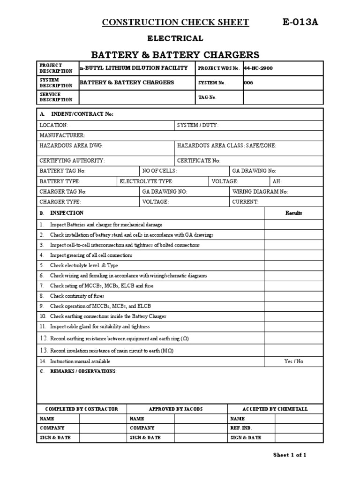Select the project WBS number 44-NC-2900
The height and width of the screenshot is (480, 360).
[258, 68]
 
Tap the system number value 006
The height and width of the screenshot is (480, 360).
[248, 82]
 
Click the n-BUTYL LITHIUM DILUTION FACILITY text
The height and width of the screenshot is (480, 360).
[134, 68]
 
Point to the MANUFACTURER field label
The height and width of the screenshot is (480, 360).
[62, 135]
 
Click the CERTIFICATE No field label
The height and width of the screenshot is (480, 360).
[199, 160]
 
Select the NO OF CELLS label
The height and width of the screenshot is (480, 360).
[160, 171]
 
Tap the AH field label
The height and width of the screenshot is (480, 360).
[277, 181]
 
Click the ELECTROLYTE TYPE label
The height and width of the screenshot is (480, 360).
[147, 181]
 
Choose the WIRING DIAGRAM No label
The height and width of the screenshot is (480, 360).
[260, 192]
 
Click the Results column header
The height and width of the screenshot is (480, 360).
[294, 213]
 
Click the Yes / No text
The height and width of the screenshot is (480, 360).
[294, 361]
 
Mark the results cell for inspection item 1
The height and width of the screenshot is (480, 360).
[294, 225]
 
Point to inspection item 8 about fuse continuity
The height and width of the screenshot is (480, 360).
[77, 296]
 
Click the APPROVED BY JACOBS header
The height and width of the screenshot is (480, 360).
[176, 409]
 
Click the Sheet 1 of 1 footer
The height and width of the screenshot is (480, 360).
[290, 455]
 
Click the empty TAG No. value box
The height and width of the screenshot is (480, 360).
[283, 97]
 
